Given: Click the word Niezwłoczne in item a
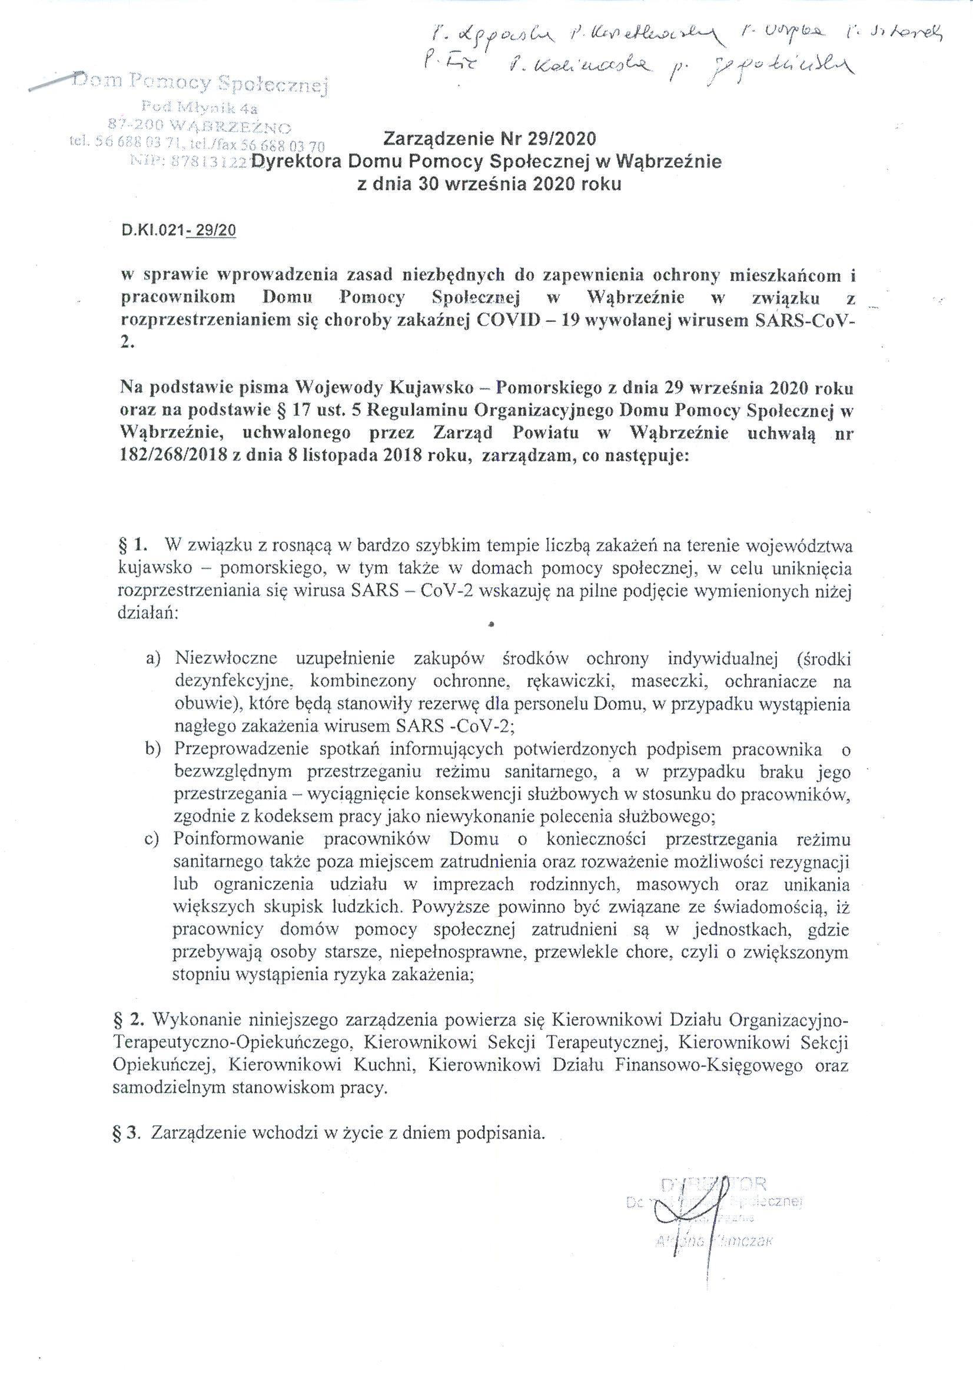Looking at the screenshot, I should coord(225,659).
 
